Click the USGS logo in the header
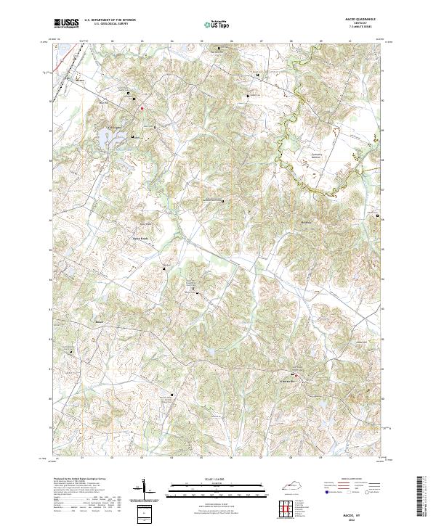(66, 22)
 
